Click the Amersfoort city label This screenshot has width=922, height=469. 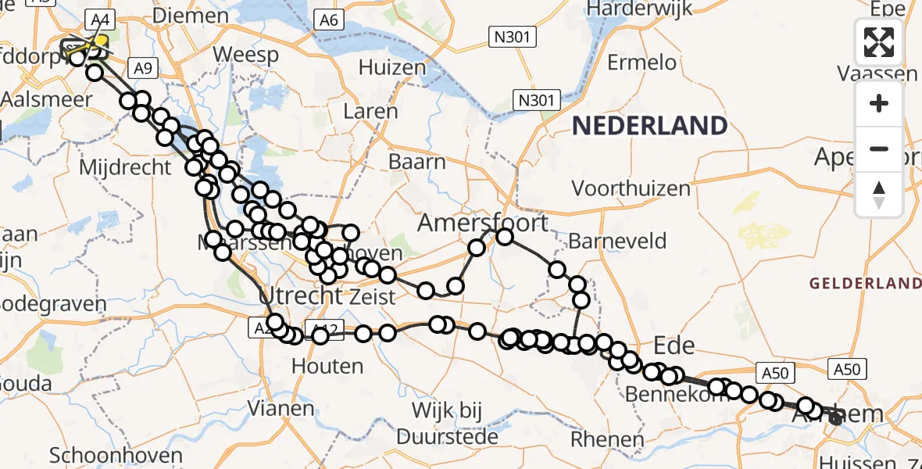click(x=483, y=223)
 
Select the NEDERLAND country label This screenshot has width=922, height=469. click(x=650, y=125)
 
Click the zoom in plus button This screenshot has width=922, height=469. click(x=879, y=103)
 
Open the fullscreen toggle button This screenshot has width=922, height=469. click(x=879, y=42)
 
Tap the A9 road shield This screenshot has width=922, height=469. click(x=142, y=69)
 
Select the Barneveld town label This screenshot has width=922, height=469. click(x=618, y=240)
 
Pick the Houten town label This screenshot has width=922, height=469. click(x=327, y=365)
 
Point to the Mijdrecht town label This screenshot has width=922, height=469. click(x=124, y=166)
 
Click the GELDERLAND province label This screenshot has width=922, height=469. click(x=865, y=283)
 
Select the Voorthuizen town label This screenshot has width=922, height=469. click(x=631, y=188)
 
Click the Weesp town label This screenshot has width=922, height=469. click(x=246, y=55)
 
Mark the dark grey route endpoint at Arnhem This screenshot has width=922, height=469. click(x=836, y=419)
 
